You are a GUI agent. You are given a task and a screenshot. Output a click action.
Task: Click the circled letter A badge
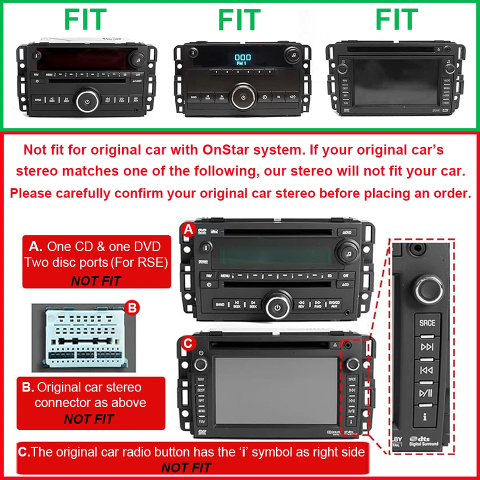[x=188, y=230]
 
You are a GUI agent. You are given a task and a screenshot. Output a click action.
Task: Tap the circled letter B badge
[x=131, y=308]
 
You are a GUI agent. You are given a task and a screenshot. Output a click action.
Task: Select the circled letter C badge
[x=187, y=343]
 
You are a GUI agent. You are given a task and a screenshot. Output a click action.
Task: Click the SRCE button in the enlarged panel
[x=427, y=322]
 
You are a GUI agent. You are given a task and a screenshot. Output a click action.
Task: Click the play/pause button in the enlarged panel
[x=426, y=392]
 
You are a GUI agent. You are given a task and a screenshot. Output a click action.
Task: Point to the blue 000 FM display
[x=242, y=59]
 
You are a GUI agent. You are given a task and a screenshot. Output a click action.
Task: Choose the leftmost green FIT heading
[x=84, y=20]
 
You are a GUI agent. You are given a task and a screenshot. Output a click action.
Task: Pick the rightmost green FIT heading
[x=396, y=20]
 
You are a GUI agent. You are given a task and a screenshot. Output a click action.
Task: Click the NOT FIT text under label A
[x=96, y=281]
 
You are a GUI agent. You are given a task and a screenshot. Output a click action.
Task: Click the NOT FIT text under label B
[x=89, y=419]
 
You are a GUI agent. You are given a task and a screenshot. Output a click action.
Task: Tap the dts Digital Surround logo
[x=424, y=440]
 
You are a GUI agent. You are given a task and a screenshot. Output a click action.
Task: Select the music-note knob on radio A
[x=348, y=251]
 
